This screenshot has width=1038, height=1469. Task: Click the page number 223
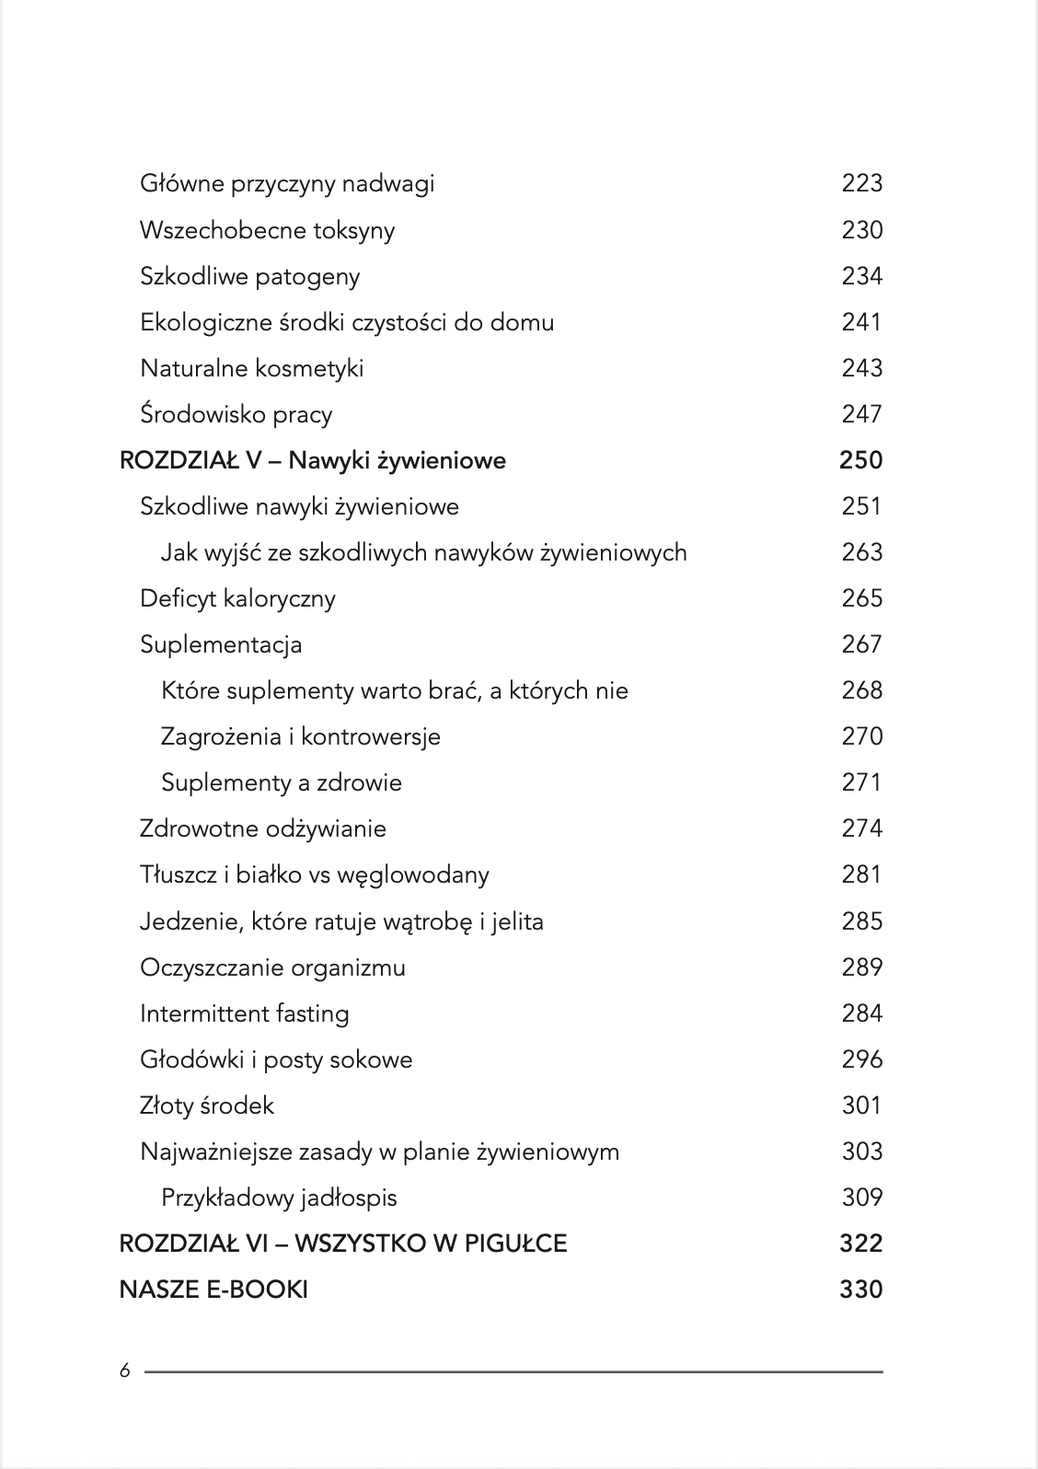coord(861,183)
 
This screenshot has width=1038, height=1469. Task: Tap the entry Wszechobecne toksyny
coord(267,230)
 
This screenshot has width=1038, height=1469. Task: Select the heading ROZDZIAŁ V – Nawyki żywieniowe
coord(313,460)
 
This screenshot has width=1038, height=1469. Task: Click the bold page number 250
coord(860,460)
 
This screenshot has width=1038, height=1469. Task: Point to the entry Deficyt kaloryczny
coord(237,598)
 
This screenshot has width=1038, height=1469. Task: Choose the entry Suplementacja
coord(221,644)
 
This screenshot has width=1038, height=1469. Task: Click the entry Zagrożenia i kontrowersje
coord(300,736)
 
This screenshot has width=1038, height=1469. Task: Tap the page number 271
coord(861,782)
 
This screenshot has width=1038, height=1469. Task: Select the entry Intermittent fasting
coord(245,1013)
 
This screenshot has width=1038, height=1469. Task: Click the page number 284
coord(861,1013)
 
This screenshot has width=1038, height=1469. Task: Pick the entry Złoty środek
coord(207,1105)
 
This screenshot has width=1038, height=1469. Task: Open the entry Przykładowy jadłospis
coord(279,1197)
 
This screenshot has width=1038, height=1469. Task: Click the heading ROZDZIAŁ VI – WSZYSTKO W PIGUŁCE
coord(343,1243)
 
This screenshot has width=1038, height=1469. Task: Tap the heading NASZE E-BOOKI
coord(213,1290)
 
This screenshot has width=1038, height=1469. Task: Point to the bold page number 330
coord(860,1290)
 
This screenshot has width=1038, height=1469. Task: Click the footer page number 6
coord(125,1371)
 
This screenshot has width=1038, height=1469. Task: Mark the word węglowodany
coord(413,875)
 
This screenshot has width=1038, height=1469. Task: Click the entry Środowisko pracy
coord(236,414)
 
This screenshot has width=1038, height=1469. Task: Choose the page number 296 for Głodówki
coord(861,1059)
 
